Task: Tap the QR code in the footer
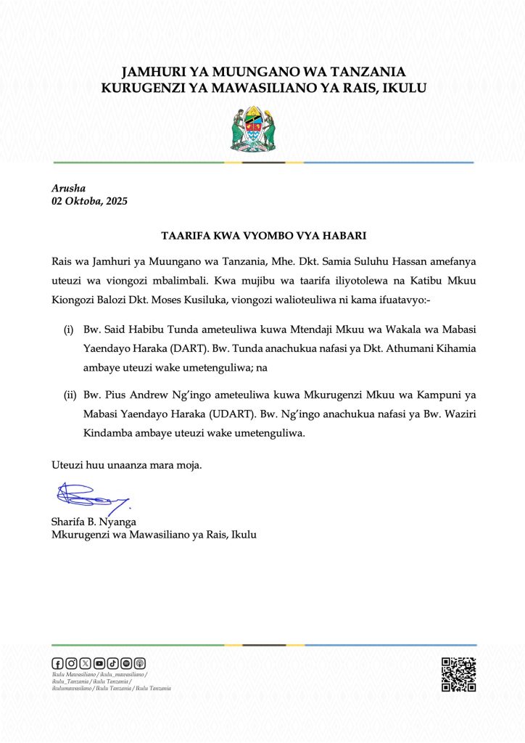[x=458, y=674]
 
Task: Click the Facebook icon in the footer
[x=57, y=662]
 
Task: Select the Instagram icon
[x=71, y=662]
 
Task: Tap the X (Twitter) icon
[x=85, y=662]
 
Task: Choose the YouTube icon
[x=99, y=662]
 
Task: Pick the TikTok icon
[x=112, y=662]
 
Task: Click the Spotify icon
[x=126, y=662]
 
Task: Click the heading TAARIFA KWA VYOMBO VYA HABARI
[x=263, y=236]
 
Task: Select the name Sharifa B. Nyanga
[x=94, y=522]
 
